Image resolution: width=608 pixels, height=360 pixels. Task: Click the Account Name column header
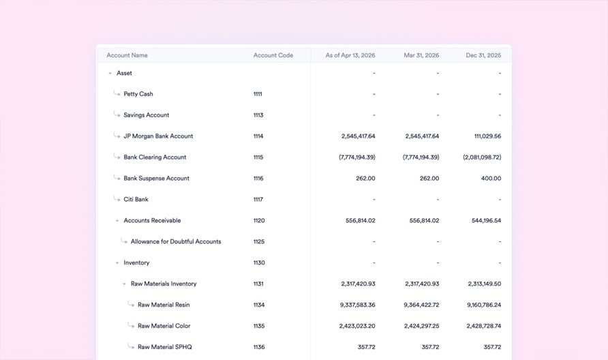pos(127,55)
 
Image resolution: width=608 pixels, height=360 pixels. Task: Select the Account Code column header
pos(273,55)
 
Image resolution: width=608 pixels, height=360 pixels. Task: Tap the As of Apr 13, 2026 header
pos(350,55)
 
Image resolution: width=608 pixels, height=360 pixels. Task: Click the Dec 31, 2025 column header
pos(483,55)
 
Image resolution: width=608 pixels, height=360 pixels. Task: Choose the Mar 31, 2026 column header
pos(421,55)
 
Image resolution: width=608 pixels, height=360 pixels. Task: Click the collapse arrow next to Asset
pos(110,73)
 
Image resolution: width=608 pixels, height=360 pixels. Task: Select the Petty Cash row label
pos(138,94)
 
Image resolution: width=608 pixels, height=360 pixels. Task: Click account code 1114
pos(258,136)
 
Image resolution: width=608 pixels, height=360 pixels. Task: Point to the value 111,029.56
pos(483,136)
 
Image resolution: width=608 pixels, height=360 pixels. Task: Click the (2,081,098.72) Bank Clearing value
pos(482,157)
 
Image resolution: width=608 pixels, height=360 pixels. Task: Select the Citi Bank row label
pos(136,200)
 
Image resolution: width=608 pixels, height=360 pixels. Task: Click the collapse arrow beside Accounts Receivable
pos(117,221)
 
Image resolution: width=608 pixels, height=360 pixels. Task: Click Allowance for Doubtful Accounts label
pos(175,242)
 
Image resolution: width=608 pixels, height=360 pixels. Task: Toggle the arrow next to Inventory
pos(117,263)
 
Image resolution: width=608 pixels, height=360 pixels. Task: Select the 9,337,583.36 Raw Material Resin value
pos(357,305)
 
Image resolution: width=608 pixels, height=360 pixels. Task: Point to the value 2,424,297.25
pos(421,327)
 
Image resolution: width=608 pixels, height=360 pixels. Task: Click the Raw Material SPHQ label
pos(164,348)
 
